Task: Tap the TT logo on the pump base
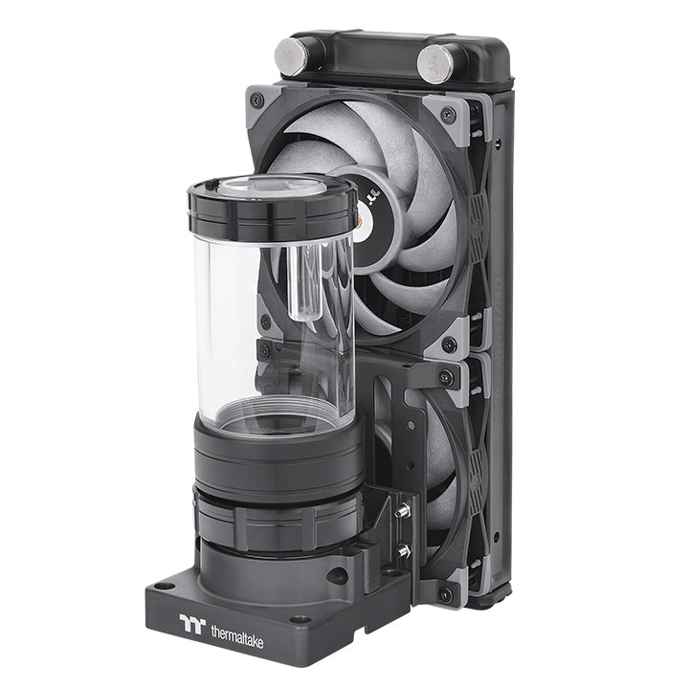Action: click(192, 624)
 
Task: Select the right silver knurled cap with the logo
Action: click(436, 61)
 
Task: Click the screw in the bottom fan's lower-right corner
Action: click(445, 594)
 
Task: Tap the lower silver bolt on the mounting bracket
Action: click(404, 550)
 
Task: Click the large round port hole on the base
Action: click(336, 576)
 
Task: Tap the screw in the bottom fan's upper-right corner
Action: click(445, 378)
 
